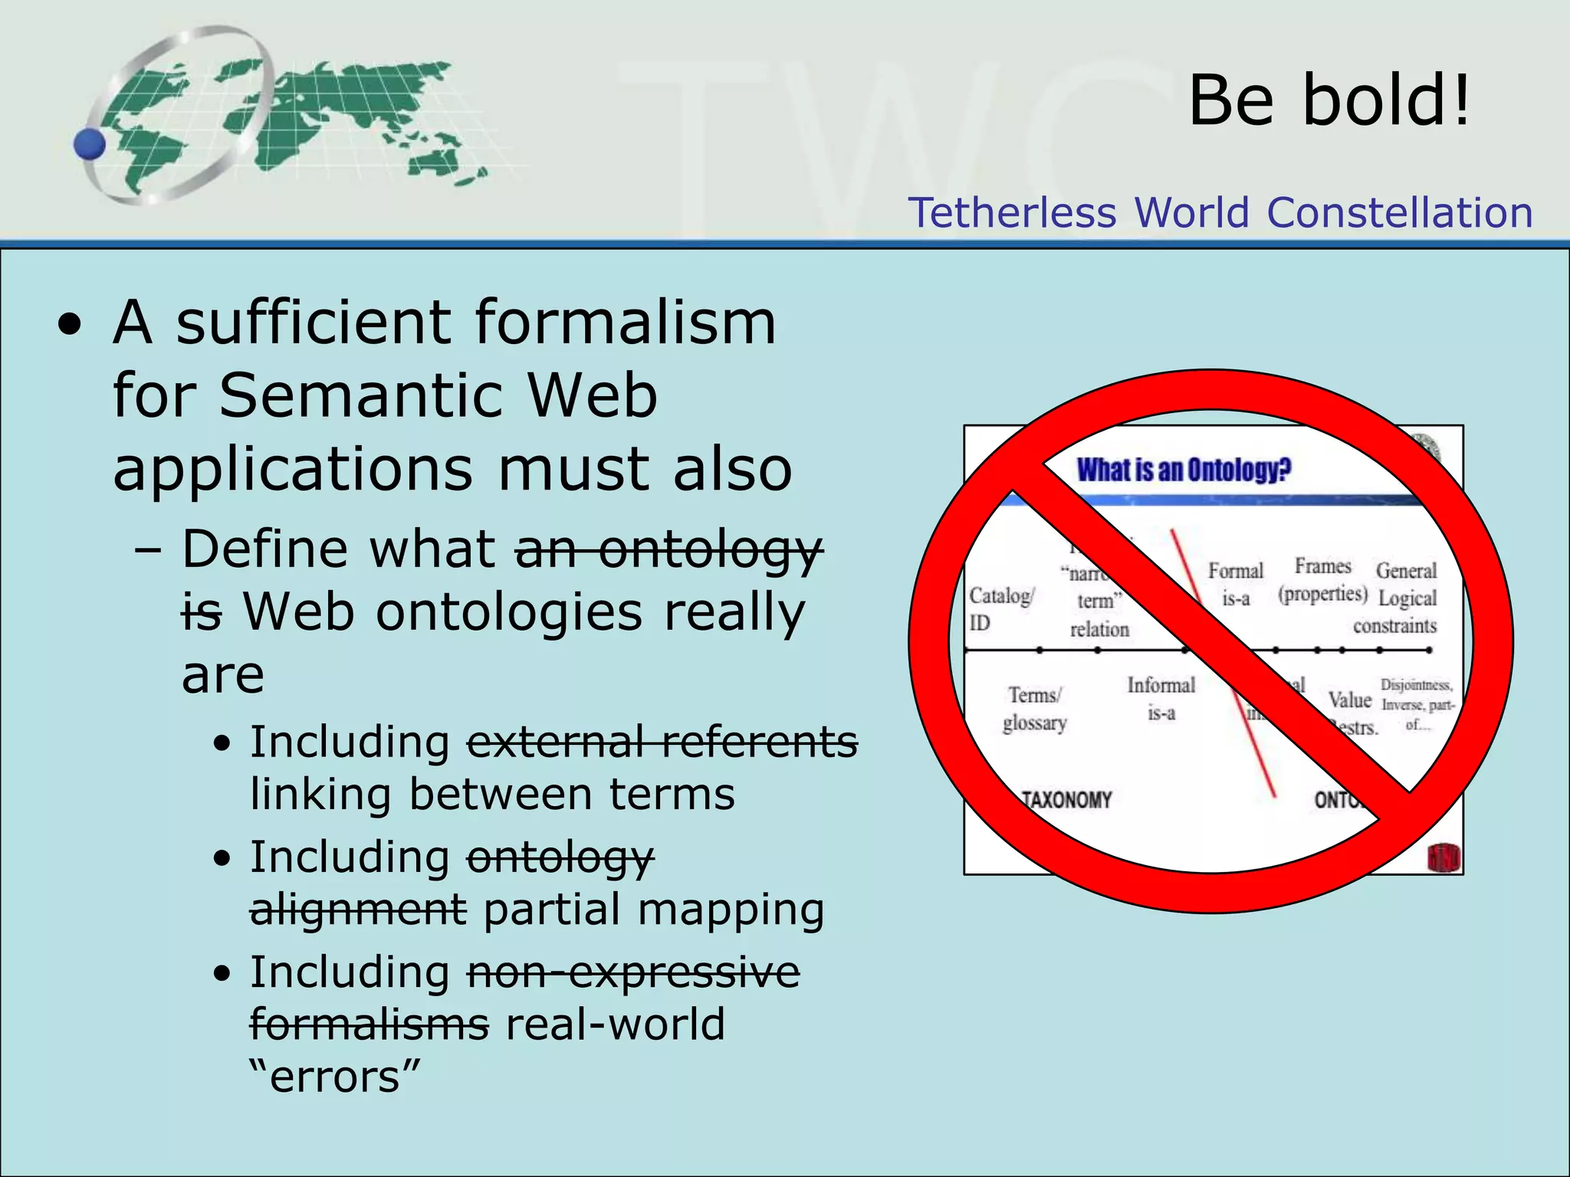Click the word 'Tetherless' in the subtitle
tap(1012, 212)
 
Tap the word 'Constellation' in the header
tap(1400, 212)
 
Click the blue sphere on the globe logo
tap(90, 144)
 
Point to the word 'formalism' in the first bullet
tap(625, 322)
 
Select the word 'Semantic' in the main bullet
tap(360, 395)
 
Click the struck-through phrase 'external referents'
tap(662, 742)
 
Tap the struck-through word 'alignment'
tap(358, 910)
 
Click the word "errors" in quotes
tap(335, 1076)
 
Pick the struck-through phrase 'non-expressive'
tap(633, 972)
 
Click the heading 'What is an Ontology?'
tap(1184, 470)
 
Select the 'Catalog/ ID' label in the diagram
tap(1000, 608)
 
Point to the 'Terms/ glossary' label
tap(1034, 709)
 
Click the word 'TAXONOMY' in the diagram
tap(1066, 800)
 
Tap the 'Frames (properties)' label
tap(1322, 580)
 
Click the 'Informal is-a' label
tap(1161, 698)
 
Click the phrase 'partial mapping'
tap(653, 910)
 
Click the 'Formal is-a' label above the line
tap(1235, 584)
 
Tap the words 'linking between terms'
tap(492, 794)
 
